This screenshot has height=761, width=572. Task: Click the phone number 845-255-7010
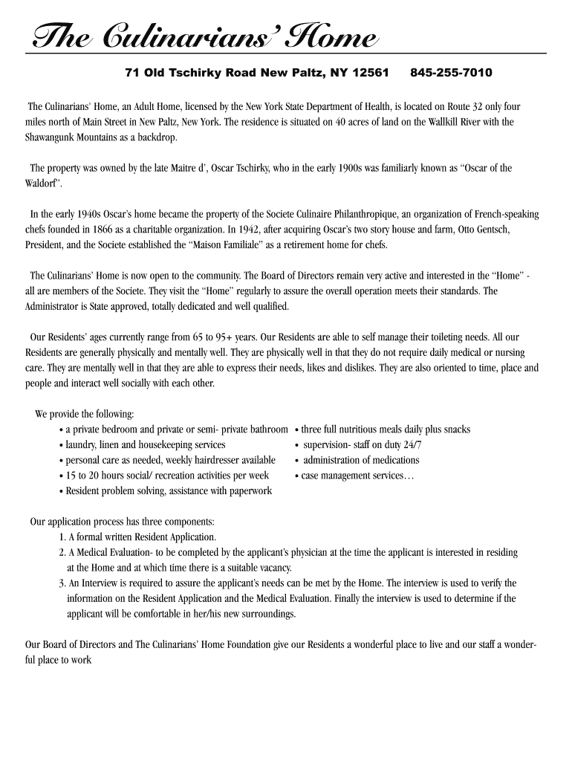tap(450, 73)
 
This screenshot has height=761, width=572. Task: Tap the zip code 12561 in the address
tap(370, 73)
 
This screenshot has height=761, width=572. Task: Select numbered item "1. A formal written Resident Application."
tap(137, 537)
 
